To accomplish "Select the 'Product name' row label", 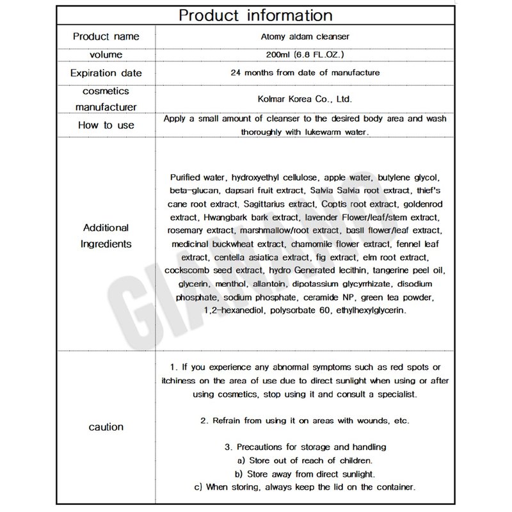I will tap(106, 36).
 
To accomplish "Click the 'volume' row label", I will tap(106, 54).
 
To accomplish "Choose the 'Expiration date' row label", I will tap(106, 73).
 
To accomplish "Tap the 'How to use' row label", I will tap(106, 125).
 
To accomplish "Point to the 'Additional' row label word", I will tap(106, 228).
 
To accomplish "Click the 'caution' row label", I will tap(106, 426).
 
